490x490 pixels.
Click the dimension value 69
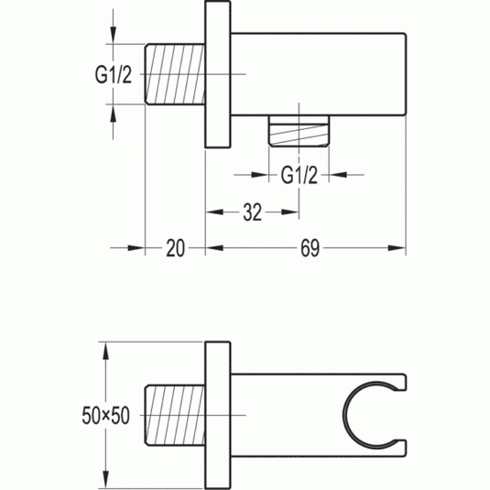tap(310, 248)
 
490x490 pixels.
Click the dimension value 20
tap(175, 248)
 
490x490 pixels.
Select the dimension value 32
tap(252, 212)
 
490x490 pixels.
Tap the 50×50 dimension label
tap(105, 416)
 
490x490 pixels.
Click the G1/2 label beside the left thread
tap(114, 75)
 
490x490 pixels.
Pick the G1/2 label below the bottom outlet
tap(299, 175)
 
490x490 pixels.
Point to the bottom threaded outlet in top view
tap(299, 131)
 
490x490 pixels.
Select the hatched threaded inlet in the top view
tap(175, 74)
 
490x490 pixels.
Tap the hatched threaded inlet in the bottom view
tap(175, 415)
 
